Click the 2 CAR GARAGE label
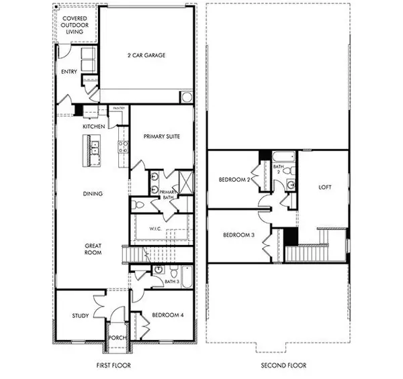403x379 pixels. click(x=146, y=55)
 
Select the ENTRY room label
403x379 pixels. click(x=69, y=72)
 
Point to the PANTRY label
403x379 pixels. click(x=120, y=108)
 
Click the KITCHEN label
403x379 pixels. click(x=93, y=126)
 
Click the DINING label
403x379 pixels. click(x=93, y=195)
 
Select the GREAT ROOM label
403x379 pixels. click(x=93, y=250)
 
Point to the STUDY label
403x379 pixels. click(x=81, y=315)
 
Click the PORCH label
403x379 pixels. click(x=118, y=337)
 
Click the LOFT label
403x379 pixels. click(x=324, y=188)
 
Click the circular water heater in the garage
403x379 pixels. click(x=185, y=97)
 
